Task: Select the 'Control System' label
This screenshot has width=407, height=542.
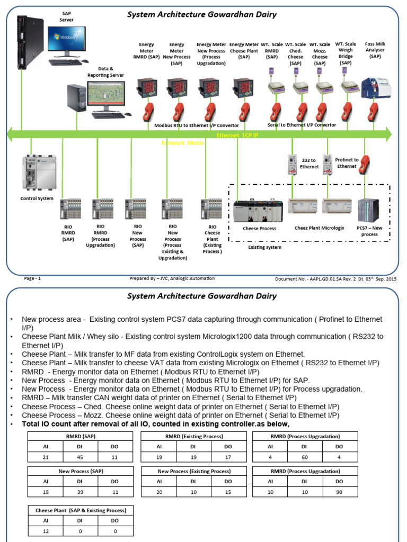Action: pos(37,199)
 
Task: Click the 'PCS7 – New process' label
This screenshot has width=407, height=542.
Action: pos(369,231)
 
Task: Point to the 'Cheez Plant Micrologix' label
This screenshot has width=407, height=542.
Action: pos(319,228)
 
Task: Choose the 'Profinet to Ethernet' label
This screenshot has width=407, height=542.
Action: pos(347,163)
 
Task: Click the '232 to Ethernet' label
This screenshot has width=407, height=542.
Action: pos(309,163)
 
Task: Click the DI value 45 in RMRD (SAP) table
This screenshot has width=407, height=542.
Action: pos(81,457)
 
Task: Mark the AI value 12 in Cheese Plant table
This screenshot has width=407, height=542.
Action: pos(46,531)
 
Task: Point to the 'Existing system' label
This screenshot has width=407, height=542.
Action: pos(266,247)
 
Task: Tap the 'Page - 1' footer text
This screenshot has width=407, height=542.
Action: pos(32,278)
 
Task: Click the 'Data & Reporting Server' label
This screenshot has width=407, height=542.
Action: pos(105,72)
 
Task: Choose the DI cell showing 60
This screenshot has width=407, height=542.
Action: pos(304,457)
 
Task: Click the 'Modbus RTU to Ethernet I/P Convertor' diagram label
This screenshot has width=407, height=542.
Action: pos(197,126)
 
